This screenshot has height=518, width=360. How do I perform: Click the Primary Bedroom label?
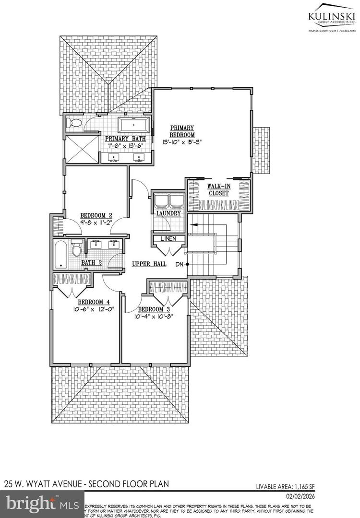(x=182, y=131)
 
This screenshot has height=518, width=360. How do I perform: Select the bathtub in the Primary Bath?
(x=134, y=126)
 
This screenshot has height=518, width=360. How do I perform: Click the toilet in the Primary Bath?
(x=74, y=123)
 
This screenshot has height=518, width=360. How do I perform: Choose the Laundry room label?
(x=168, y=213)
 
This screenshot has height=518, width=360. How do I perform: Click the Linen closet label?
(x=168, y=238)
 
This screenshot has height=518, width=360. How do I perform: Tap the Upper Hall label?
(x=149, y=264)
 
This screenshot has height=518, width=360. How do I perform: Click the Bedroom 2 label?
(x=96, y=215)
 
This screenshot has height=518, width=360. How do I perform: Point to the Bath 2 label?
(x=91, y=262)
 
